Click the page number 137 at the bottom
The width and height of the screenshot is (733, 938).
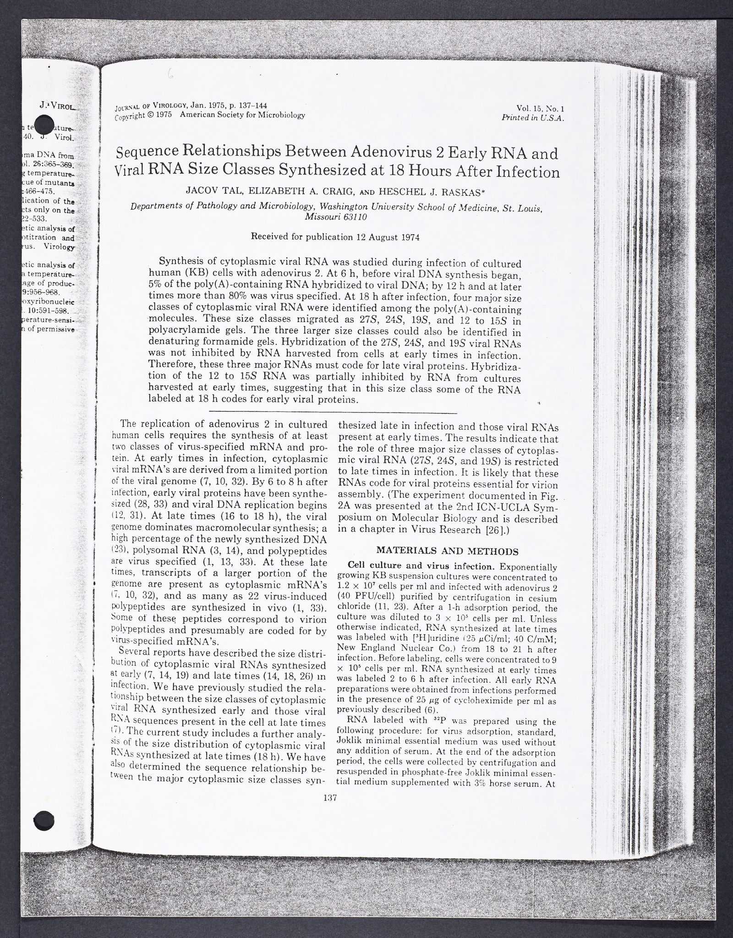pyautogui.click(x=330, y=810)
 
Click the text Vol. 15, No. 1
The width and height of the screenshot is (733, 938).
pyautogui.click(x=540, y=109)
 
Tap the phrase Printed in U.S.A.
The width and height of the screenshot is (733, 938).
pyautogui.click(x=532, y=118)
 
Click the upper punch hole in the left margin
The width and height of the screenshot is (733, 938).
pyautogui.click(x=44, y=124)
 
